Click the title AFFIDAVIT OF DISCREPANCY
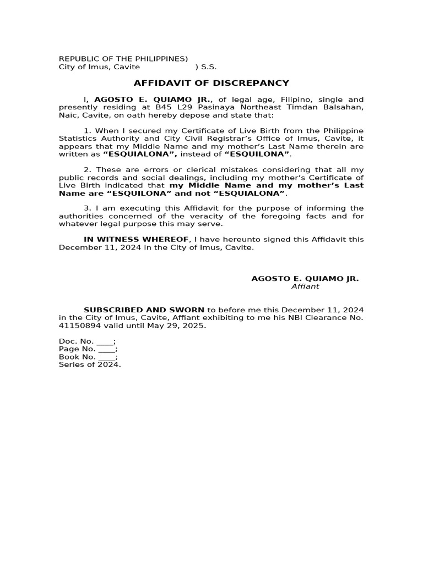click(x=211, y=83)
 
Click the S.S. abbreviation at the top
click(x=209, y=67)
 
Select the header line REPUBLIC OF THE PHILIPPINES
click(x=123, y=59)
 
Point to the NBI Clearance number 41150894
click(x=78, y=325)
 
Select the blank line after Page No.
click(x=107, y=349)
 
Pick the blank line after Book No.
click(x=107, y=356)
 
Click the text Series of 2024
click(x=90, y=364)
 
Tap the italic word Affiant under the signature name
click(x=305, y=286)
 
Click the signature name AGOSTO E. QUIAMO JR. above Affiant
click(x=305, y=279)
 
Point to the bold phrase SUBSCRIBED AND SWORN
click(x=144, y=310)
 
